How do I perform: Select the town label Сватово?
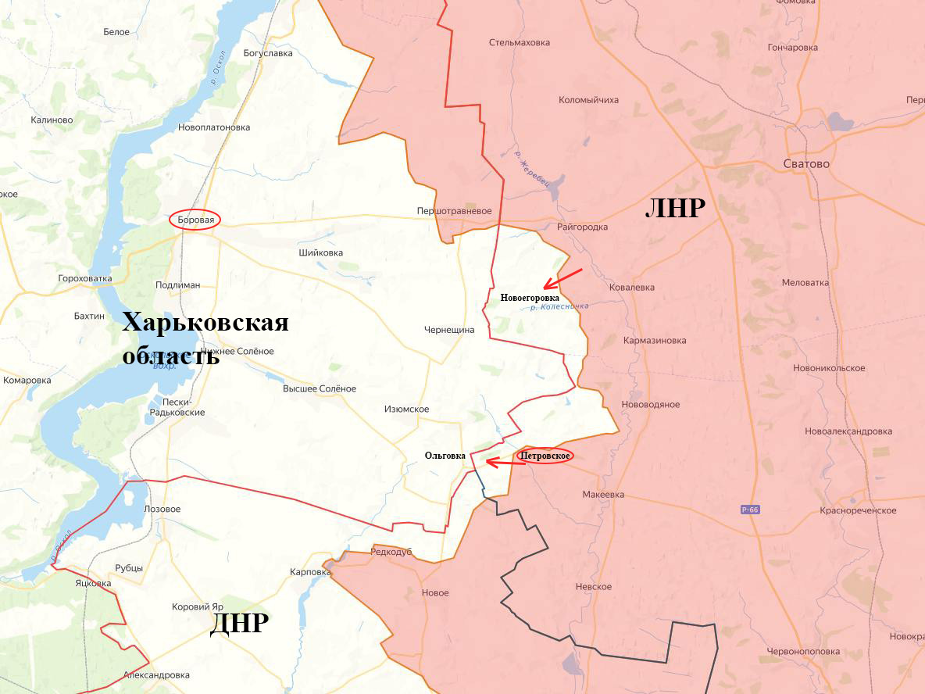coord(805,164)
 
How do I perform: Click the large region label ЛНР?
coord(675,209)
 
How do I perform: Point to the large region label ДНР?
coord(239,624)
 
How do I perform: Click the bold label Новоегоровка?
coord(530,298)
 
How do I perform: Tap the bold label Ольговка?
coord(445,456)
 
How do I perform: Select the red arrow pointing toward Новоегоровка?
coord(562,278)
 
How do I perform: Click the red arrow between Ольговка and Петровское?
coord(505,463)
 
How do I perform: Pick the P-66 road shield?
coord(750,510)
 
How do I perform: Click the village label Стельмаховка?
coord(520,43)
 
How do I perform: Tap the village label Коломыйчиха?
coord(588,100)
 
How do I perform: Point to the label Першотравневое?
coord(454,211)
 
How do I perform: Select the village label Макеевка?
coord(603,495)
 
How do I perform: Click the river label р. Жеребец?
coord(533,169)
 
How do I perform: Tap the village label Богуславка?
coord(268,53)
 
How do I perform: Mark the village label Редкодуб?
coord(391,552)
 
